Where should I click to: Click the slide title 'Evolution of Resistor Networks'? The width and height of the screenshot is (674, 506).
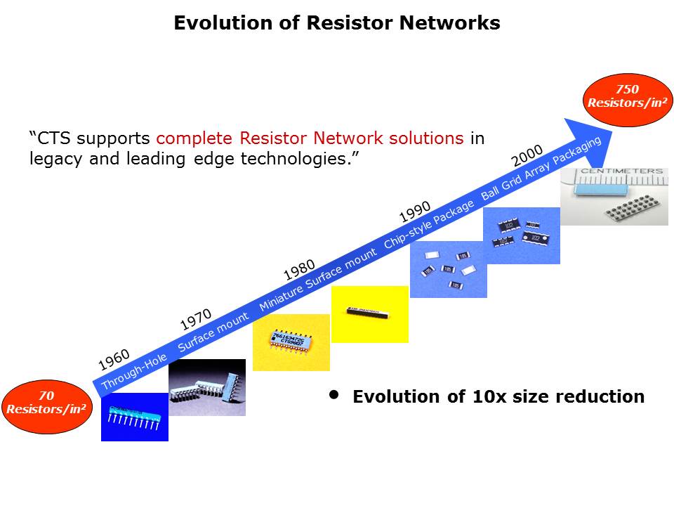click(336, 23)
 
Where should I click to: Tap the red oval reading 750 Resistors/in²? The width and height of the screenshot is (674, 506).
click(627, 96)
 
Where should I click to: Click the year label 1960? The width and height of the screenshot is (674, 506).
click(114, 360)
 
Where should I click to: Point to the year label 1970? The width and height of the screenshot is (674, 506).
click(196, 320)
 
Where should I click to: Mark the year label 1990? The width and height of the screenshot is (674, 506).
click(414, 210)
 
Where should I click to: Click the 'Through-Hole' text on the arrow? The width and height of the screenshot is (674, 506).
click(134, 372)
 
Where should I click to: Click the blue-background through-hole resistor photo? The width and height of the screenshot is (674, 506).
click(134, 417)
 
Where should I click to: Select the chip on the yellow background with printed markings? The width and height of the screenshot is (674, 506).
click(290, 342)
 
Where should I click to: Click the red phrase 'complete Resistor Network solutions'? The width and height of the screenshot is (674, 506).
click(310, 138)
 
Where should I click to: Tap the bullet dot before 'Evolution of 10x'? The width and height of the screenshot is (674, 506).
click(334, 396)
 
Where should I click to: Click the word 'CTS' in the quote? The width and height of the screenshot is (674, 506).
click(53, 138)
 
